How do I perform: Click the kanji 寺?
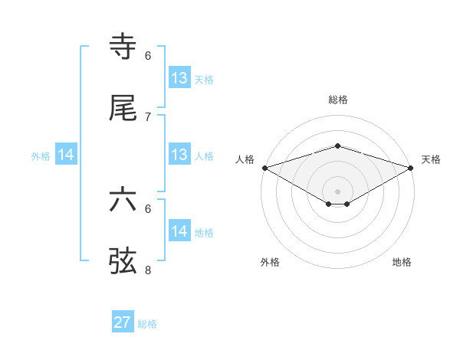coord(123,47)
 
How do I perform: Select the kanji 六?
coord(123,200)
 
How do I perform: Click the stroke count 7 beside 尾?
coord(148,117)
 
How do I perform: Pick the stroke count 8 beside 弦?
coord(148,270)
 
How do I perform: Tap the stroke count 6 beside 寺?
coord(148,56)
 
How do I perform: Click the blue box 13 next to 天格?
coord(179,78)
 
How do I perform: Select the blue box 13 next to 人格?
coord(179,155)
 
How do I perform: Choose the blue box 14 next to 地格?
coord(179,231)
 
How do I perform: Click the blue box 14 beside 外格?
coord(66,155)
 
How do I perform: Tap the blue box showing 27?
coord(123,322)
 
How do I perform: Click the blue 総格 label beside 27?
coord(147,324)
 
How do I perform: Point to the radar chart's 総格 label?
coord(338,100)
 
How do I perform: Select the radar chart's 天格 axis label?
coord(432,159)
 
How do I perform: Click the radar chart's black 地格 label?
coord(402,262)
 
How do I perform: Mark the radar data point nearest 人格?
coord(264,168)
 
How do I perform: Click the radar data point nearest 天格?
coord(411,168)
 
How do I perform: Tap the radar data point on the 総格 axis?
coord(338,146)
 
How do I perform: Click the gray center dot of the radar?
coord(338,191)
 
